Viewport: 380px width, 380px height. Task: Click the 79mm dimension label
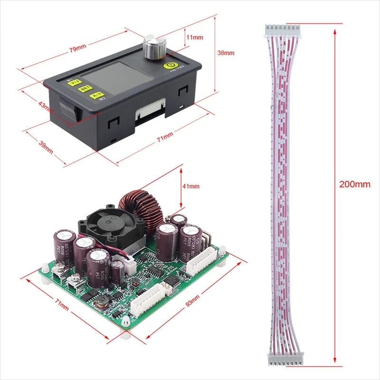click(x=77, y=47)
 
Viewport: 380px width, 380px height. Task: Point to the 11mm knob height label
click(x=195, y=37)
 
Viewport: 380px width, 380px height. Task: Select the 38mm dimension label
click(x=226, y=53)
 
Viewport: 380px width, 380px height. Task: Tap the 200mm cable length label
click(x=354, y=184)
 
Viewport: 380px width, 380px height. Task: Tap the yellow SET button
click(x=85, y=88)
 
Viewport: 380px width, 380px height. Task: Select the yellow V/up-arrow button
click(x=74, y=83)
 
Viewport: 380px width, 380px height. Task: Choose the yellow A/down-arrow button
click(x=96, y=95)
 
